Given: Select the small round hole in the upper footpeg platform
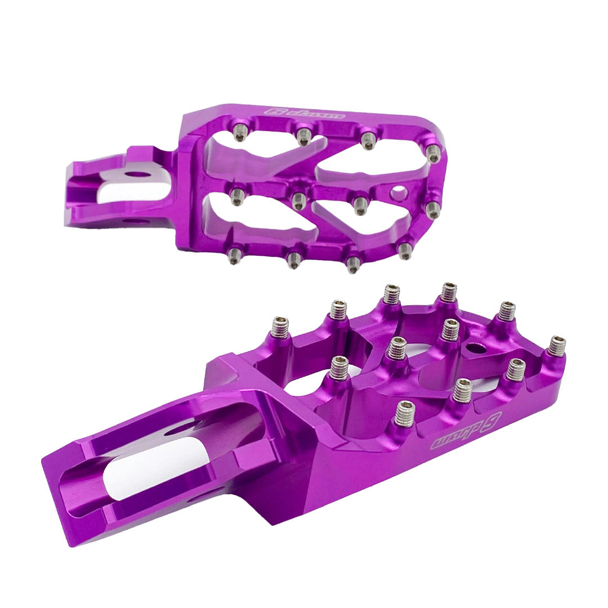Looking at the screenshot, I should point(399,194).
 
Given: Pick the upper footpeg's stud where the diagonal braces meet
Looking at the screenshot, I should point(299,198).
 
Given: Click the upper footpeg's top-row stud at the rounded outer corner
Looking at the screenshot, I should point(433,153).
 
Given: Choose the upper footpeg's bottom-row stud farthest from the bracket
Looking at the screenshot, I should point(405,251).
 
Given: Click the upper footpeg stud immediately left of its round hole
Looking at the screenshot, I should point(360,203).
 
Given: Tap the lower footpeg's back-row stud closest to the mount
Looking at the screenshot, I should point(279,327).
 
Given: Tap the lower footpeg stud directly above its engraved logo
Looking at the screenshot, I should point(462,390).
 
